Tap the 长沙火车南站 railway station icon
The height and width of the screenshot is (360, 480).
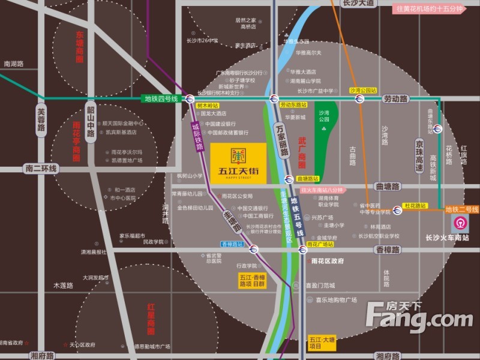pos(460,222)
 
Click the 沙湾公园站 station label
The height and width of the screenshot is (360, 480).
pos(363,91)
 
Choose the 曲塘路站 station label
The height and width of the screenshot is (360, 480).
pos(308,179)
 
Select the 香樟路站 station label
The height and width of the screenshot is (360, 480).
pos(232,244)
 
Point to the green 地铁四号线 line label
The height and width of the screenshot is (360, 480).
pos(162,98)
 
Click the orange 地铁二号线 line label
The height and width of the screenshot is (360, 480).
pos(462,209)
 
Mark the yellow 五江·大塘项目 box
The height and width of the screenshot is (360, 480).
pos(320,343)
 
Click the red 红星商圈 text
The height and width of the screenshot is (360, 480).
pos(151,318)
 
